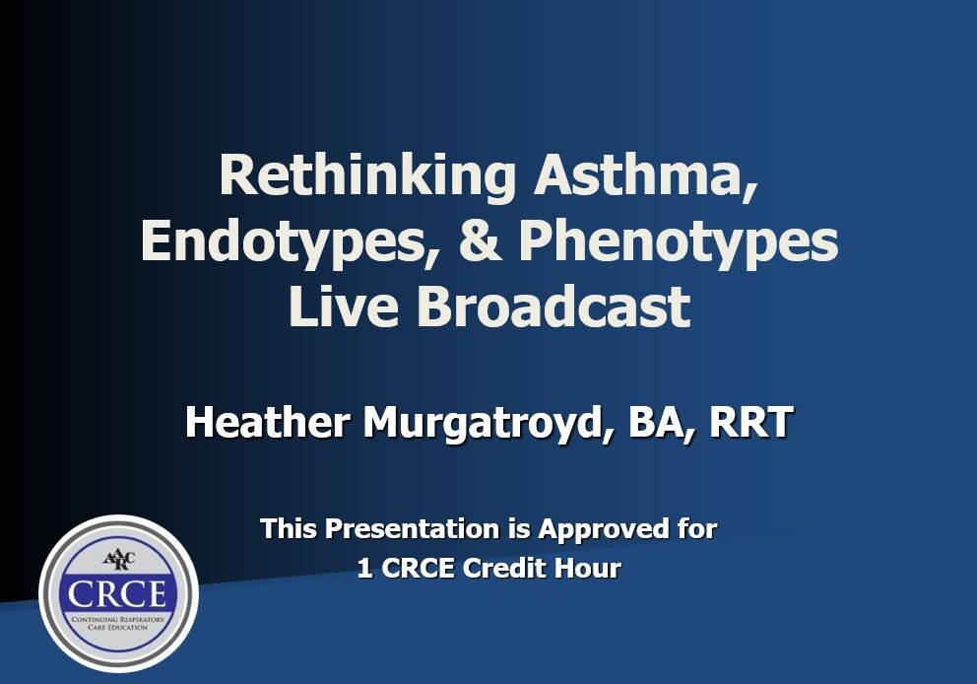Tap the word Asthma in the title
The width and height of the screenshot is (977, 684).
pyautogui.click(x=646, y=176)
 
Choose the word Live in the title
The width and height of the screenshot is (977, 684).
pyautogui.click(x=344, y=307)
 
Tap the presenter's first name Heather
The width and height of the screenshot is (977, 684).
pyautogui.click(x=267, y=422)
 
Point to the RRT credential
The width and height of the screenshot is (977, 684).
pyautogui.click(x=751, y=422)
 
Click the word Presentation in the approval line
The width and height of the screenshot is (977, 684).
pyautogui.click(x=412, y=528)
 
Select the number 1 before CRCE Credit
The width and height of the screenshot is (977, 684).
pyautogui.click(x=364, y=568)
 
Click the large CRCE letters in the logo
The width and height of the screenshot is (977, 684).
pyautogui.click(x=117, y=593)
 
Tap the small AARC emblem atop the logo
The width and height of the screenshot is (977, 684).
pyautogui.click(x=118, y=558)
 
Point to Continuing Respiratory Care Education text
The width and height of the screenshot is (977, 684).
pyautogui.click(x=118, y=623)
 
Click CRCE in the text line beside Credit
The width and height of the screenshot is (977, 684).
pyautogui.click(x=418, y=568)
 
